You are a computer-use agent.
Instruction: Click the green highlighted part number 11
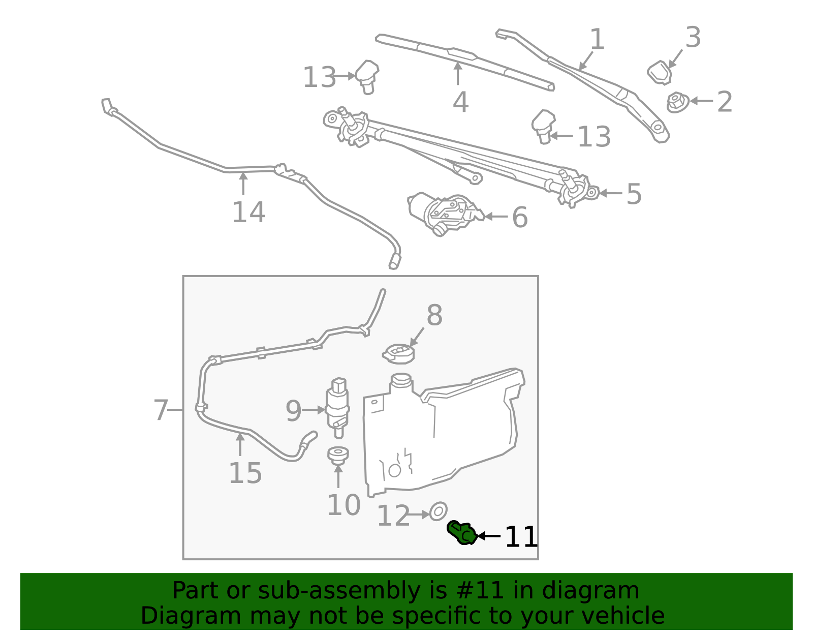tap(461, 533)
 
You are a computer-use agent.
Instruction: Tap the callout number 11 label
tap(521, 537)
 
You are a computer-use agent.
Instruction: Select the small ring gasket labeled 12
tap(438, 511)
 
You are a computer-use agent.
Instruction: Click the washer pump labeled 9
tap(337, 407)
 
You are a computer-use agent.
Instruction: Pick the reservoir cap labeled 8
tap(399, 353)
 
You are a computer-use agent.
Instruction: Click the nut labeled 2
tap(677, 102)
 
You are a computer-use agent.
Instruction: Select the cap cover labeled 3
tap(660, 72)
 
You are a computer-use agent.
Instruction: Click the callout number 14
tap(248, 212)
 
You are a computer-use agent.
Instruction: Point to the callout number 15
tap(245, 473)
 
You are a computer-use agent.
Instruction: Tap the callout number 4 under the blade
tap(460, 102)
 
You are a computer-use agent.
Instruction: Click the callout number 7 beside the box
tap(161, 410)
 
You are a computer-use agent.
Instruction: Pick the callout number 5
tap(634, 194)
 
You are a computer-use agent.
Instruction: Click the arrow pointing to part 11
tap(489, 536)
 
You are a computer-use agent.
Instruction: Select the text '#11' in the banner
tap(480, 591)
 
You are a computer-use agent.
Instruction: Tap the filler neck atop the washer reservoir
tap(401, 382)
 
